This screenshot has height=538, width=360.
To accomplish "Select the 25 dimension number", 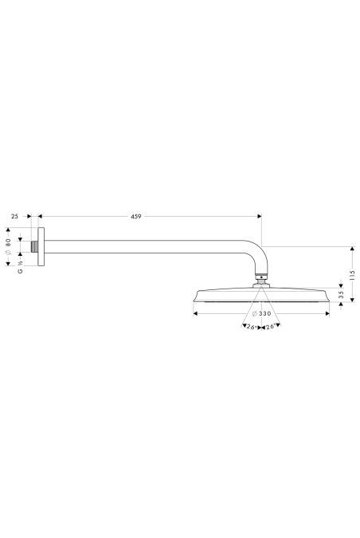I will coord(15,215).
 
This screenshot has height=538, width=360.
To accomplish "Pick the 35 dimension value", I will coord(341,296).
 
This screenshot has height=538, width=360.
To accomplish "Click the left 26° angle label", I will coord(248,327).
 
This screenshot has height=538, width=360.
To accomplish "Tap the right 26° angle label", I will coord(270,327).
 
